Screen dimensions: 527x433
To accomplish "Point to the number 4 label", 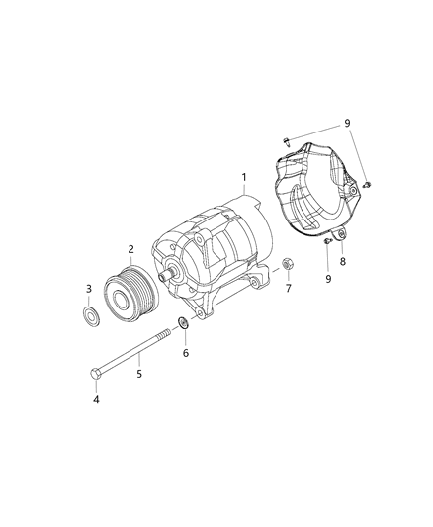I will point(96,400).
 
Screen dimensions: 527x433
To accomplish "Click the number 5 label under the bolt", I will point(138,374).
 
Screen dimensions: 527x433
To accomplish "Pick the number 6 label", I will point(184,352).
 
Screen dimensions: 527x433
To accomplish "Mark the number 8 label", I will point(342,262).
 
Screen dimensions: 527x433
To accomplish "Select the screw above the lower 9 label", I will point(326,241).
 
